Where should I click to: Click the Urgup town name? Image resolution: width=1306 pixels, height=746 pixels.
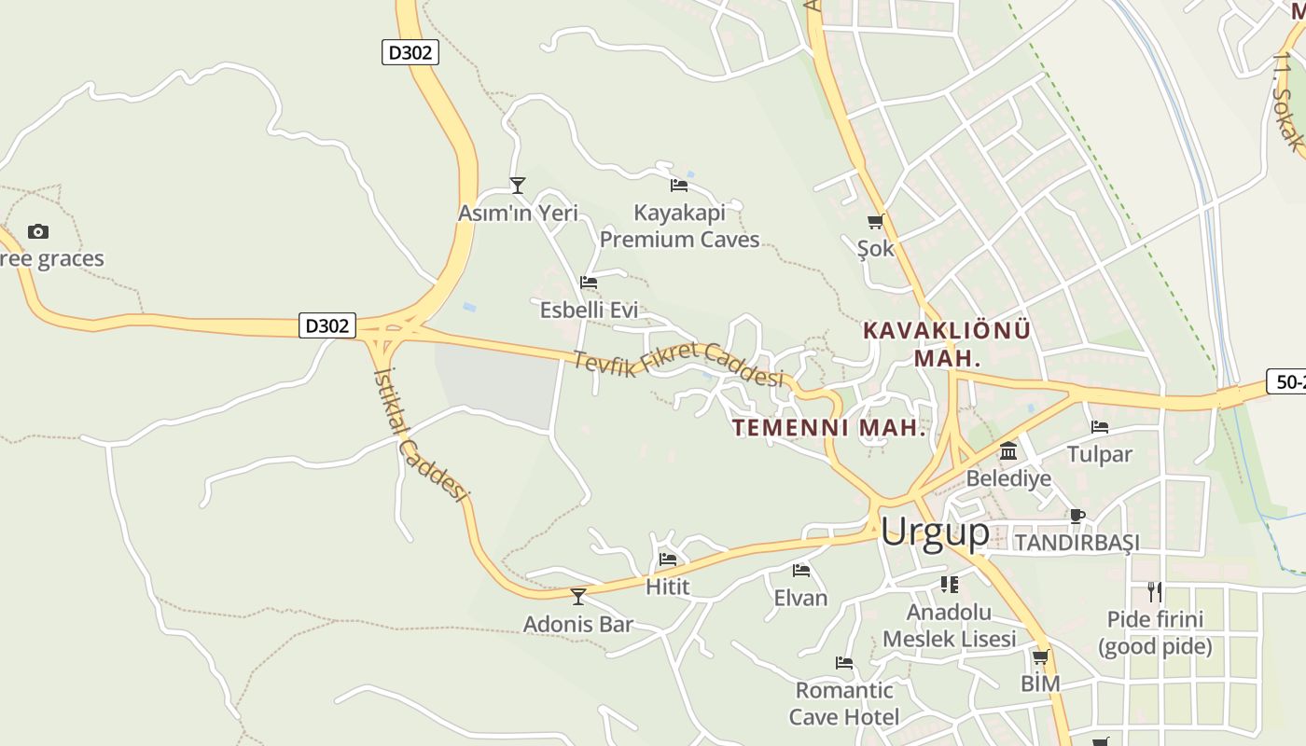click(934, 532)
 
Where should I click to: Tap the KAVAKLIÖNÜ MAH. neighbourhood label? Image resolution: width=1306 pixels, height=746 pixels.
click(947, 344)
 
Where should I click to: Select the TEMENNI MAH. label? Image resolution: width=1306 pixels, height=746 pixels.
click(829, 428)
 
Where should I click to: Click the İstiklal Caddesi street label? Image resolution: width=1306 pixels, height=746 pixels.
click(419, 434)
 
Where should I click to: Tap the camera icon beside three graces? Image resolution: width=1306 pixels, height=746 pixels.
click(38, 231)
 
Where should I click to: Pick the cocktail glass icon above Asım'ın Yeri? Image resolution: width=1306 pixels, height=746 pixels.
click(518, 186)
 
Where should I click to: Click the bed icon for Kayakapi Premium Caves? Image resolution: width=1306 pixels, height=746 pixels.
click(679, 186)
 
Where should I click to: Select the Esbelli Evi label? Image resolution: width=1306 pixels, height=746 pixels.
click(589, 310)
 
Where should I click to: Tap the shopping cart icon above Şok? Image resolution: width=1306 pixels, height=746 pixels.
click(875, 222)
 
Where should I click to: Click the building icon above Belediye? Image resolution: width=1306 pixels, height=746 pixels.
click(1008, 452)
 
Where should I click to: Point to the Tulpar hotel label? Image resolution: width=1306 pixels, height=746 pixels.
click(1099, 454)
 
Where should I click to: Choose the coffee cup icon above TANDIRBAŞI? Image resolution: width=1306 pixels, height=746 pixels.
click(1077, 516)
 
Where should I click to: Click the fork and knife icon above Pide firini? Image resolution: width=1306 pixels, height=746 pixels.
click(1155, 591)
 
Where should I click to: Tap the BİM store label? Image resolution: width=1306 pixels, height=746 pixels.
click(1040, 684)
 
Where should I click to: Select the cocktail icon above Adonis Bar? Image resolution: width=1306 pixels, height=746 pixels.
click(578, 596)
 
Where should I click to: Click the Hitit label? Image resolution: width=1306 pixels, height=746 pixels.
click(668, 587)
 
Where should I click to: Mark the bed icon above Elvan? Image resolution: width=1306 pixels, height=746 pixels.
click(800, 571)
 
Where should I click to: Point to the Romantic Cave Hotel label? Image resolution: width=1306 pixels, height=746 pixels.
click(844, 703)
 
